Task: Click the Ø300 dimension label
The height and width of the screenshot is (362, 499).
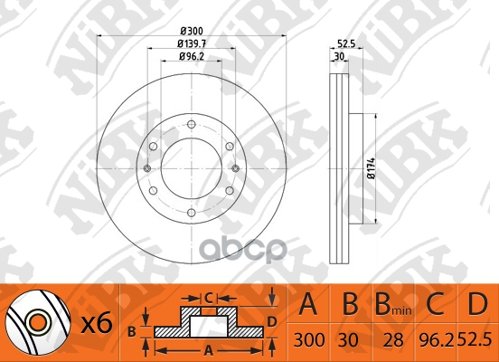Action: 192,32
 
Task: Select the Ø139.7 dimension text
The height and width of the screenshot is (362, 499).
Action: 192,43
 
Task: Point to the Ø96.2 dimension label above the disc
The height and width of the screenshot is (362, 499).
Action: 192,56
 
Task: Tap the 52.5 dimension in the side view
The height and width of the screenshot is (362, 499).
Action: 346,43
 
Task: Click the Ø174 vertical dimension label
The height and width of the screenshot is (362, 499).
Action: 371,168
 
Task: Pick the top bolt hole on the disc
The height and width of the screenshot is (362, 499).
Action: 192,124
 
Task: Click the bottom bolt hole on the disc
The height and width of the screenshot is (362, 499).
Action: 192,213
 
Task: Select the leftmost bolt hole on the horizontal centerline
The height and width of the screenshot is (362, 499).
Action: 147,168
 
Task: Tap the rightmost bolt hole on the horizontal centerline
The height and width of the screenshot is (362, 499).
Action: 236,168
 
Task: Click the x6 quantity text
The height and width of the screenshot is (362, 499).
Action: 97,323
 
